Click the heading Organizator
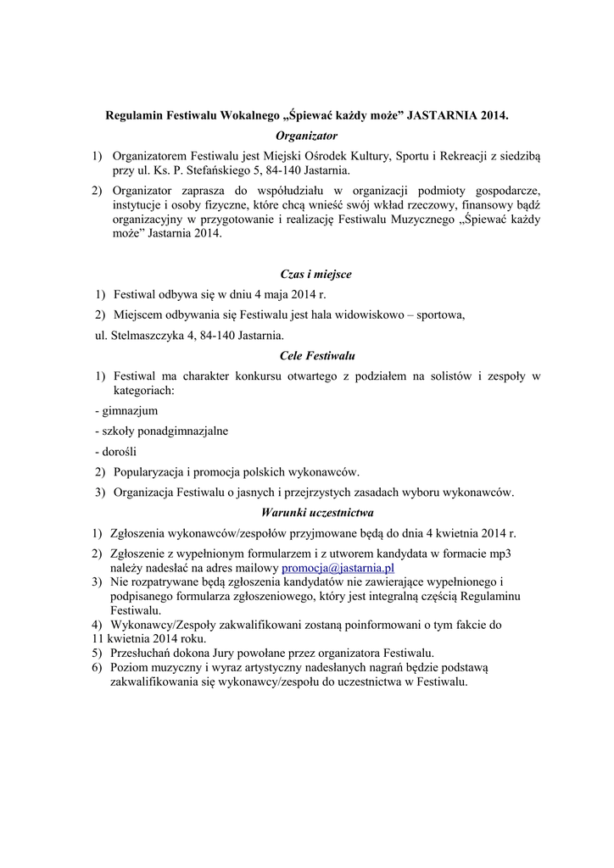(x=307, y=136)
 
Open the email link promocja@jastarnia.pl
(x=338, y=568)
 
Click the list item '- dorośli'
(x=115, y=451)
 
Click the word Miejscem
(x=137, y=315)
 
